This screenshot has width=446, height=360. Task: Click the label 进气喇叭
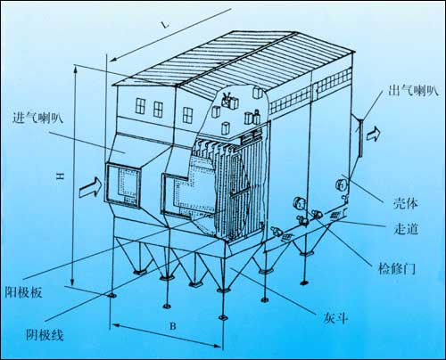[37, 118]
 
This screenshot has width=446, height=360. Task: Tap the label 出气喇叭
[413, 90]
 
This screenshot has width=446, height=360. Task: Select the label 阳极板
[23, 292]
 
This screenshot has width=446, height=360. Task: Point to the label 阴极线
[45, 335]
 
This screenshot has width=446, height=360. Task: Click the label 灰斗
[335, 318]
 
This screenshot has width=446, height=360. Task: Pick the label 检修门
[397, 268]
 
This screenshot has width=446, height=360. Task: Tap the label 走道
[406, 228]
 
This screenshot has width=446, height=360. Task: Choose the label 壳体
[406, 203]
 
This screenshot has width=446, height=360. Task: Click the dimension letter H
[61, 176]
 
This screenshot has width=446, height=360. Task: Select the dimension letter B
[173, 326]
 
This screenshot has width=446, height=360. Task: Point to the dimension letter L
[165, 25]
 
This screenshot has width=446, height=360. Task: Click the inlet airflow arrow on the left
[91, 187]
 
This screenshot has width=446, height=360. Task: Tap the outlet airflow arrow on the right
[373, 134]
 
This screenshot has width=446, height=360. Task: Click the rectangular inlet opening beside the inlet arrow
[122, 184]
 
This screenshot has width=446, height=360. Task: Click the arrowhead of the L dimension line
[113, 59]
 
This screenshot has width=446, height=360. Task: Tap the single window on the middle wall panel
[187, 115]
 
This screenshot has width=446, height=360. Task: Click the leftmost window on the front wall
[140, 106]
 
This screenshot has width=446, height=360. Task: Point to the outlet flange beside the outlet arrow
[360, 137]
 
